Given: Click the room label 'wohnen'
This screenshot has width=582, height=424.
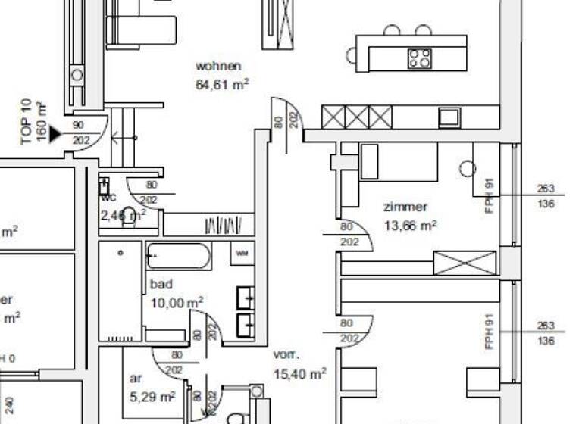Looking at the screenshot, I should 218,66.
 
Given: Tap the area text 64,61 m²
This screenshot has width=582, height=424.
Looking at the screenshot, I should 223,84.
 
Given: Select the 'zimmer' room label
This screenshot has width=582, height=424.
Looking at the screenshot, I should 405,207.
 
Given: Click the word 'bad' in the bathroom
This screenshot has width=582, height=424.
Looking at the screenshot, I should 161,285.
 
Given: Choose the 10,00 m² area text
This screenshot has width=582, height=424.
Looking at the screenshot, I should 177,303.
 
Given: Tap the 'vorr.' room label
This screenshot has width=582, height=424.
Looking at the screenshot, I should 286,354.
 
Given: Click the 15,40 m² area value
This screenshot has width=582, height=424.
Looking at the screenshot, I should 299,373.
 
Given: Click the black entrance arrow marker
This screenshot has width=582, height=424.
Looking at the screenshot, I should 55,136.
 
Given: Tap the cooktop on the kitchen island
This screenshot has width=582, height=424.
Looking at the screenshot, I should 419,58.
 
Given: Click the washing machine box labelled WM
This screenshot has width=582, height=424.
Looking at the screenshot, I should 243,252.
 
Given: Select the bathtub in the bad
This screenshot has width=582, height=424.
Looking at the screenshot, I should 178,256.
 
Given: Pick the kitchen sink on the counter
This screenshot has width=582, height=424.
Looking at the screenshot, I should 449,117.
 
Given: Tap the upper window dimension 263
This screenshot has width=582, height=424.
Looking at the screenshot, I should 546,189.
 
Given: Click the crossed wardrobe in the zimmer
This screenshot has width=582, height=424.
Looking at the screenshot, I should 465,263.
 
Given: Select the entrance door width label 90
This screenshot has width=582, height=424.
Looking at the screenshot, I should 79,126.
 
